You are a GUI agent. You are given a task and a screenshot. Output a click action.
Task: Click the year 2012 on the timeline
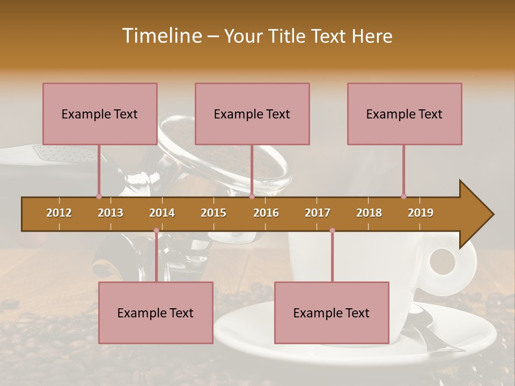click(x=59, y=213)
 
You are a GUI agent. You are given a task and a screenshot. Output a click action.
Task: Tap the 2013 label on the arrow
click(x=111, y=213)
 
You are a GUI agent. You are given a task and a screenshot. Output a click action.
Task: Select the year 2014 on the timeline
click(x=162, y=213)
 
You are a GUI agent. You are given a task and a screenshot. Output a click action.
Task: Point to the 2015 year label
click(x=214, y=213)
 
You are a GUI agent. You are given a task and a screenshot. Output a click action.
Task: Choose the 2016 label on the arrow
click(x=266, y=213)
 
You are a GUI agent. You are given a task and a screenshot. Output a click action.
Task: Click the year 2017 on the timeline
click(x=318, y=213)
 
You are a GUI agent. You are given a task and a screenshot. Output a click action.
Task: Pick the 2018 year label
click(x=369, y=213)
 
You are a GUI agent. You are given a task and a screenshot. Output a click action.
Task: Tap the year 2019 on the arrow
click(x=421, y=213)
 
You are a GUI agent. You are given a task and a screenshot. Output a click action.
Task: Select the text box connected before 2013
click(x=100, y=114)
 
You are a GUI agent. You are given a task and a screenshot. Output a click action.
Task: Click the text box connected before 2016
click(x=252, y=114)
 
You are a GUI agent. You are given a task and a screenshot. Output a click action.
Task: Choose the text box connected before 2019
click(x=404, y=114)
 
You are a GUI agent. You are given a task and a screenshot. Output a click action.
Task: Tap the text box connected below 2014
click(x=156, y=313)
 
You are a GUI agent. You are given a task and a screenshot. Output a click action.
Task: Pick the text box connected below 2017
click(x=332, y=313)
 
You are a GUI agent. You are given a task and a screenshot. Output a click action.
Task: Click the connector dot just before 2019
click(x=403, y=196)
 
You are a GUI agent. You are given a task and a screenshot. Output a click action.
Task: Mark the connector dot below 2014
click(x=156, y=231)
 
